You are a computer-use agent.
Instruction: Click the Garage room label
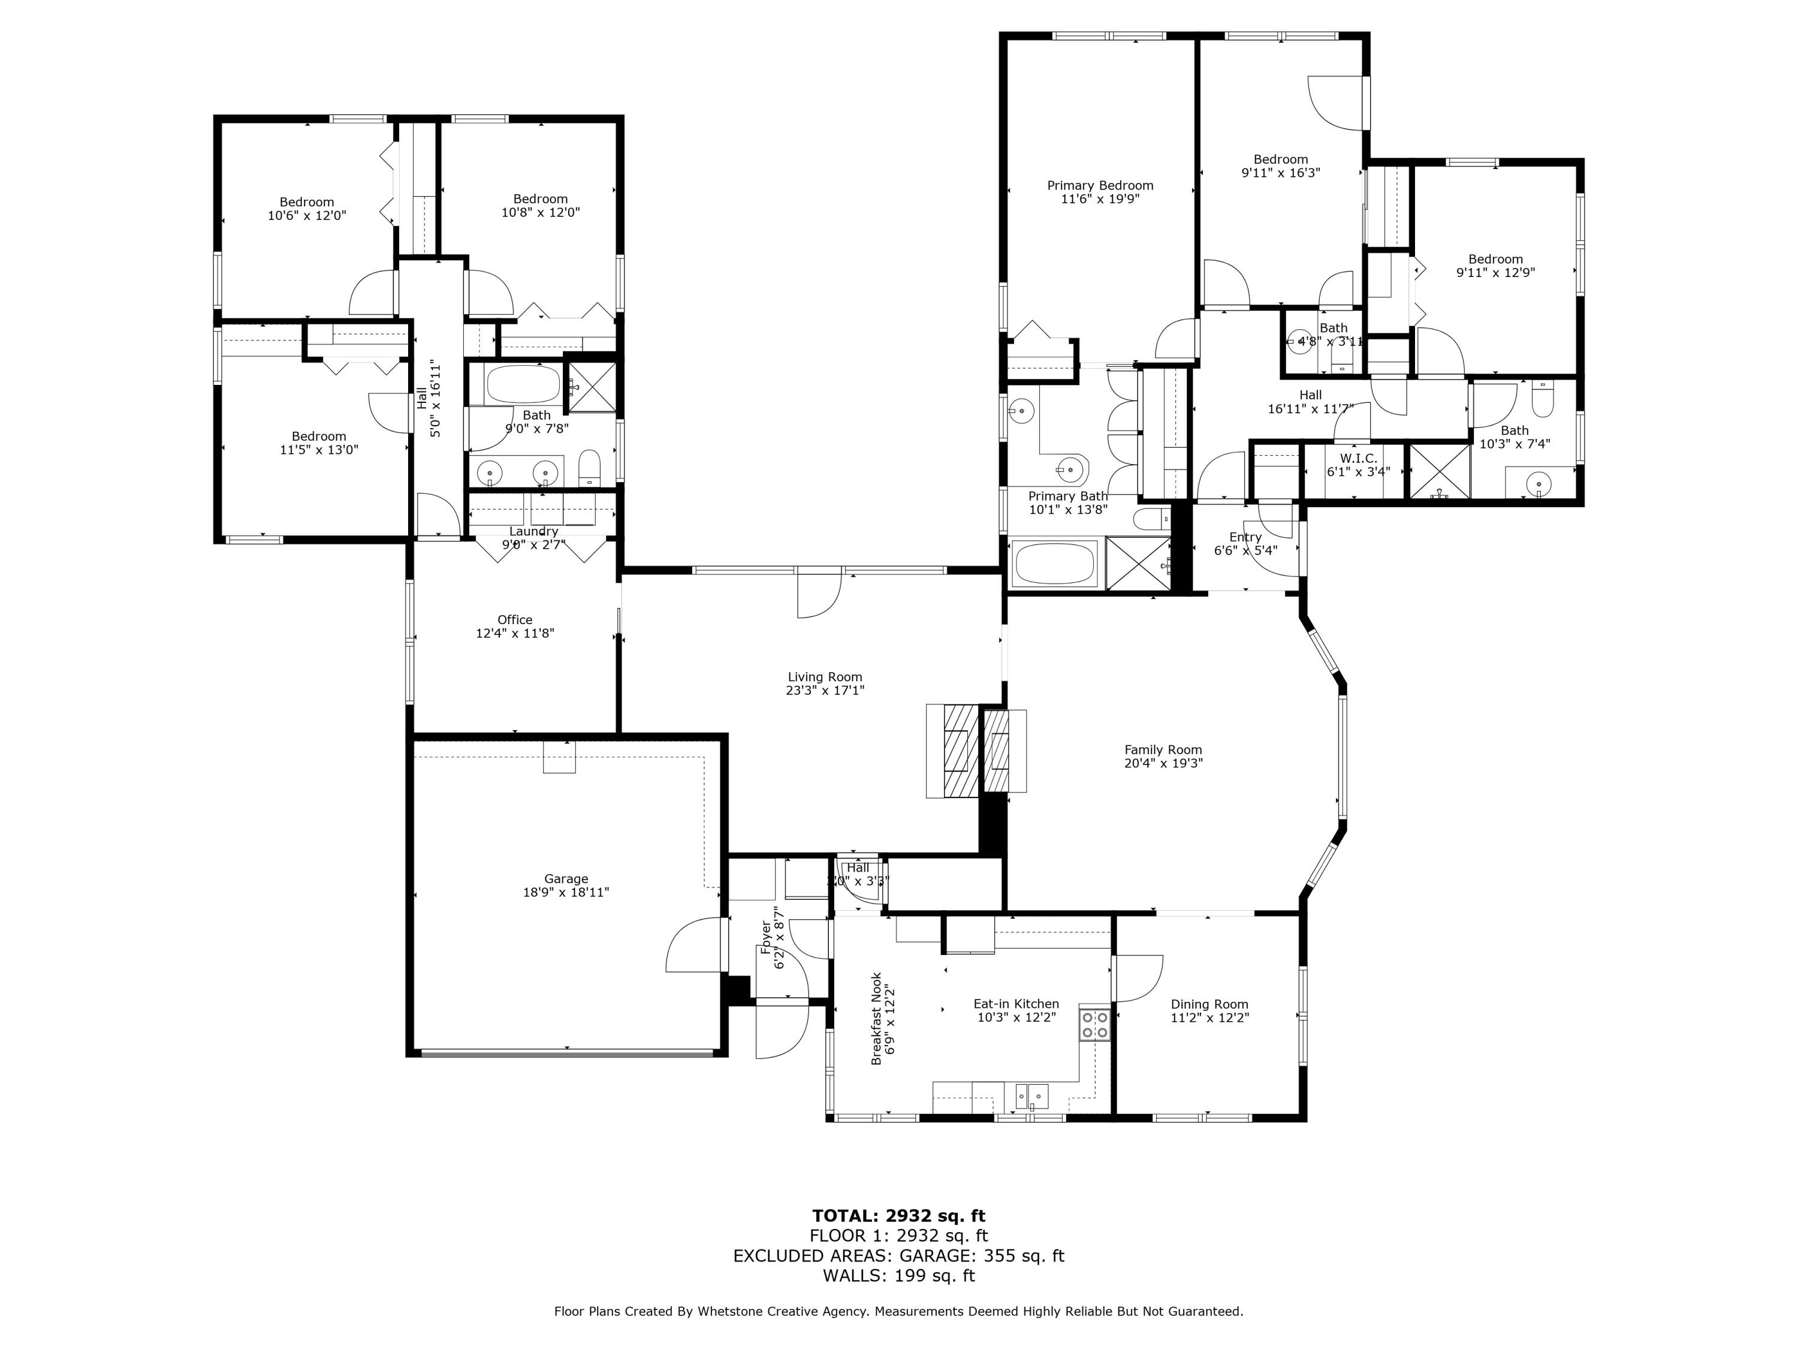pyautogui.click(x=566, y=878)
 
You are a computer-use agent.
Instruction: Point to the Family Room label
pyautogui.click(x=1162, y=749)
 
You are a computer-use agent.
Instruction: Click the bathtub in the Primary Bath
pyautogui.click(x=1055, y=564)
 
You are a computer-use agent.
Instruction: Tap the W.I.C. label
pyautogui.click(x=1358, y=459)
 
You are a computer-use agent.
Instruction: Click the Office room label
pyautogui.click(x=514, y=619)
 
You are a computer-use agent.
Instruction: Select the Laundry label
pyautogui.click(x=533, y=531)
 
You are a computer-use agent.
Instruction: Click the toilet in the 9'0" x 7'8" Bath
pyautogui.click(x=589, y=468)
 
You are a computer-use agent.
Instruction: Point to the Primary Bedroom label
pyautogui.click(x=1100, y=185)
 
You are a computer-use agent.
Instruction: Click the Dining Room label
pyautogui.click(x=1209, y=1004)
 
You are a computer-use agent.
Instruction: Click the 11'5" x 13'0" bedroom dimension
pyautogui.click(x=319, y=450)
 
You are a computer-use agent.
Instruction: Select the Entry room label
pyautogui.click(x=1244, y=537)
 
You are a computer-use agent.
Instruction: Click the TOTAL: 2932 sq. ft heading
pyautogui.click(x=898, y=1216)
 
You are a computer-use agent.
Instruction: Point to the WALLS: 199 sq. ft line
pyautogui.click(x=898, y=1276)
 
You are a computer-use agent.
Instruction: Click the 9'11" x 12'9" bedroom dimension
pyautogui.click(x=1495, y=273)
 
